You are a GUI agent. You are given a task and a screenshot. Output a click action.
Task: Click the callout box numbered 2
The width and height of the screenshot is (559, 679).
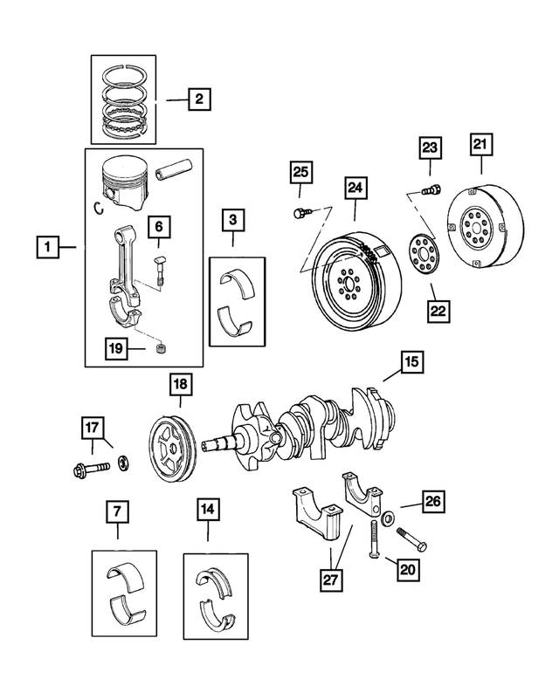coord(199,100)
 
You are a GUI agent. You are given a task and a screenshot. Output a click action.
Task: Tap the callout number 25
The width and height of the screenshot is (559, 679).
coord(301,173)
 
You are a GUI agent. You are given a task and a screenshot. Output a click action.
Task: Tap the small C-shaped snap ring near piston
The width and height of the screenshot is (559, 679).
coord(99,207)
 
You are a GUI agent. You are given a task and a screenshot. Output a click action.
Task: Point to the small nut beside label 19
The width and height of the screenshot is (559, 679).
coord(159,349)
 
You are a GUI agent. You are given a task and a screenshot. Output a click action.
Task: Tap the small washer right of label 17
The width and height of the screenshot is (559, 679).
coord(124,460)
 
